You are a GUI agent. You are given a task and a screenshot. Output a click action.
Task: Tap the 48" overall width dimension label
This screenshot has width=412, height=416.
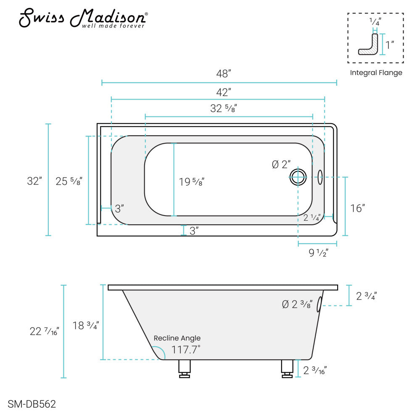tap(224, 74)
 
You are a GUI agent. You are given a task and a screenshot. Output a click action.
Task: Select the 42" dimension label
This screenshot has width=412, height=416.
tap(224, 91)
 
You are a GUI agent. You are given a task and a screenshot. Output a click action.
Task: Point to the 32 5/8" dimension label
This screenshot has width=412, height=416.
tap(224, 108)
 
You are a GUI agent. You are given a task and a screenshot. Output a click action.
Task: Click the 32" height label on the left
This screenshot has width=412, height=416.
tap(34, 182)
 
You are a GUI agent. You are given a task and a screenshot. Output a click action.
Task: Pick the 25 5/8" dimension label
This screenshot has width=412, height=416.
tap(69, 182)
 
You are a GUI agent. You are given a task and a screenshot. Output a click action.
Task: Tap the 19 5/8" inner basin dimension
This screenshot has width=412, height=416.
tap(192, 182)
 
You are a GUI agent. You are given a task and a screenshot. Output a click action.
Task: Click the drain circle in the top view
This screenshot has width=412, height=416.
tap(298, 177)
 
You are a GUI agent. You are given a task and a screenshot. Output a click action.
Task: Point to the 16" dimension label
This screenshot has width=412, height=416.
tap(357, 208)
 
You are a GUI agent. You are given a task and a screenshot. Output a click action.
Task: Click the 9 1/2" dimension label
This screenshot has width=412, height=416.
tap(318, 253)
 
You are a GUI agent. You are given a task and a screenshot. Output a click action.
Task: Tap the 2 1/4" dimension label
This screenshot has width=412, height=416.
tap(312, 217)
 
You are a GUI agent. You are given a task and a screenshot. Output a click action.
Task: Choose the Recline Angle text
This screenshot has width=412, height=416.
tap(177, 338)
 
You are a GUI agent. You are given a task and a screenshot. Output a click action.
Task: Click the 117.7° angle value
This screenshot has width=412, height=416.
tap(186, 349)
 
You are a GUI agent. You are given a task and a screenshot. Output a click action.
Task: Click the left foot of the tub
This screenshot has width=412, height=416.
tap(184, 369)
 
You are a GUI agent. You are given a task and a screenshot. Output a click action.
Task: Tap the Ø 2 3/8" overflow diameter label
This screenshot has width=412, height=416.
tap(297, 304)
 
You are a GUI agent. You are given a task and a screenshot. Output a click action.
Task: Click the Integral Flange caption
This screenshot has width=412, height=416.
tap(376, 73)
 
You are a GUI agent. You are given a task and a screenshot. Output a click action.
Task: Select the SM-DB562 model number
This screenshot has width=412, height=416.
tap(32, 404)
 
